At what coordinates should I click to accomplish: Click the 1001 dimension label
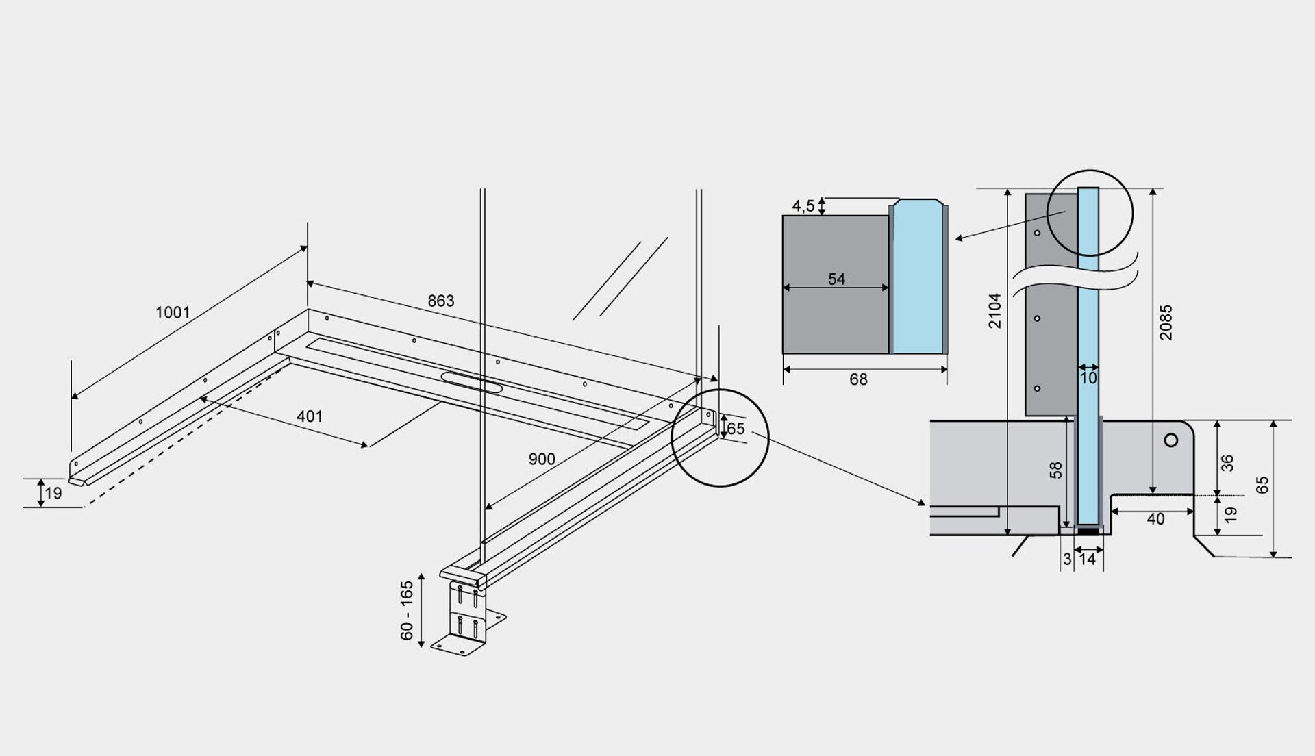pyautogui.click(x=173, y=313)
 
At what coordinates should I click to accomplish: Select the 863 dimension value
pyautogui.click(x=441, y=301)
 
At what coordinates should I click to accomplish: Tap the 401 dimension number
pyautogui.click(x=310, y=416)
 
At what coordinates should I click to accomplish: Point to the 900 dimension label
pyautogui.click(x=542, y=459)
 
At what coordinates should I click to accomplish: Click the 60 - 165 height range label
pyautogui.click(x=408, y=611)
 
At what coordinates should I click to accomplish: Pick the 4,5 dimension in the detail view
pyautogui.click(x=803, y=205)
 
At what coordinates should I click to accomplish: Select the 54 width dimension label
pyautogui.click(x=836, y=279)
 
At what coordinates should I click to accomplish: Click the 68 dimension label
pyautogui.click(x=858, y=379)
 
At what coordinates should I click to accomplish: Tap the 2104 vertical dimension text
pyautogui.click(x=995, y=311)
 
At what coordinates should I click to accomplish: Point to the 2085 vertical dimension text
pyautogui.click(x=1166, y=323)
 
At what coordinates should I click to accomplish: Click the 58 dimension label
pyautogui.click(x=1056, y=470)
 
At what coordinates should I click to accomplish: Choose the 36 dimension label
pyautogui.click(x=1228, y=464)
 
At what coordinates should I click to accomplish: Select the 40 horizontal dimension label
pyautogui.click(x=1155, y=520)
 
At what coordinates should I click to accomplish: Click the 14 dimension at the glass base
pyautogui.click(x=1088, y=559)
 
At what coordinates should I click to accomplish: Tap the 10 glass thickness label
pyautogui.click(x=1088, y=378)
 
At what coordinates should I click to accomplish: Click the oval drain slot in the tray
pyautogui.click(x=472, y=382)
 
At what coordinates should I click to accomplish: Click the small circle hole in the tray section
pyautogui.click(x=1171, y=440)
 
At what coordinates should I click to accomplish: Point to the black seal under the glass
pyautogui.click(x=1088, y=531)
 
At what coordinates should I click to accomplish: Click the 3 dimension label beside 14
pyautogui.click(x=1067, y=559)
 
